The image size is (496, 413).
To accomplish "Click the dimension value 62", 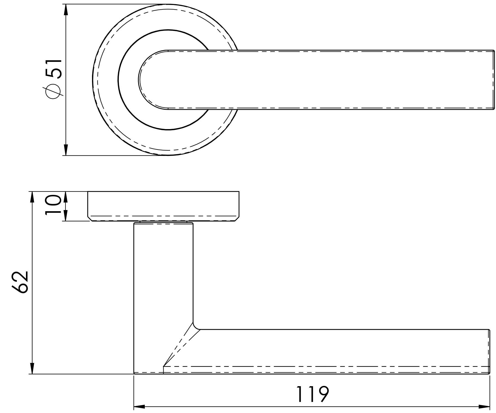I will pyautogui.click(x=21, y=282).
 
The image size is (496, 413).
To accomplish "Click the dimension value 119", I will pyautogui.click(x=313, y=394).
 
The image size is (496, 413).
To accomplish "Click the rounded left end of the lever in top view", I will pyautogui.click(x=141, y=80).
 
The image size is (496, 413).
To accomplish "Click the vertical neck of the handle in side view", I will pyautogui.click(x=163, y=276).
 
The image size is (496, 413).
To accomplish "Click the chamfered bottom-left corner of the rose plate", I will pyautogui.click(x=90, y=219).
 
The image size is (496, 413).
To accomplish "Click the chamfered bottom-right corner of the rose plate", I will pyautogui.click(x=237, y=219).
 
